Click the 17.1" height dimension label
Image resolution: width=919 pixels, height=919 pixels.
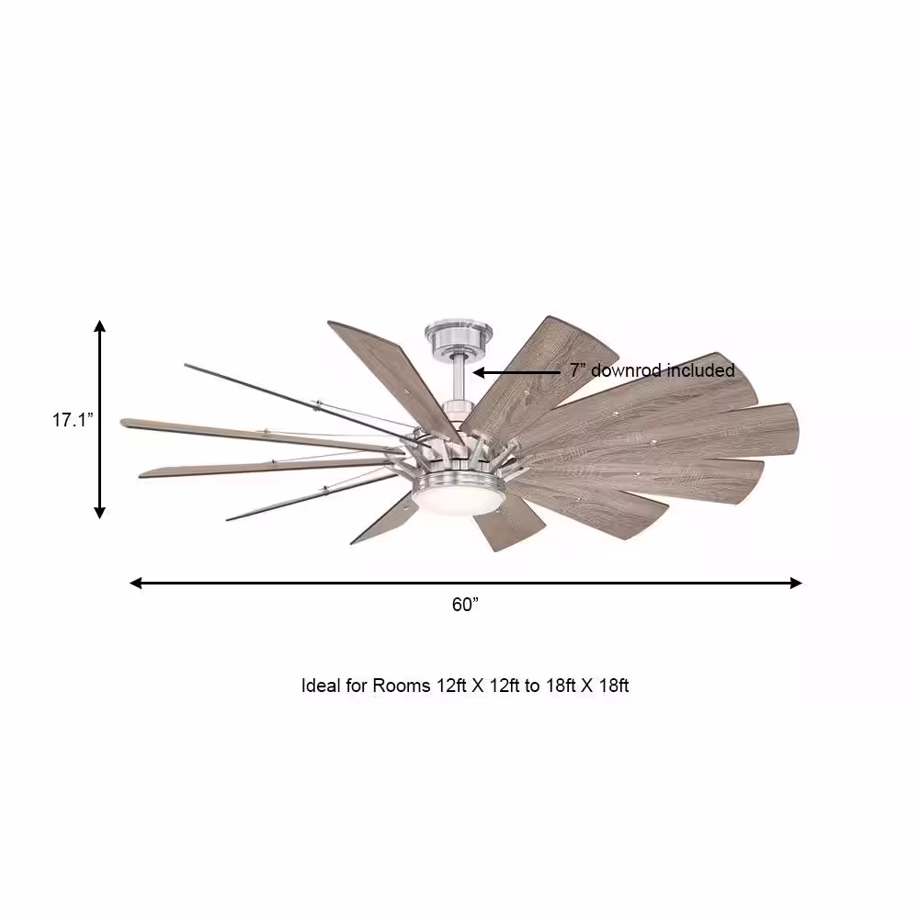click(72, 420)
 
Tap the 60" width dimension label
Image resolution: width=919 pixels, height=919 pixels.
click(466, 605)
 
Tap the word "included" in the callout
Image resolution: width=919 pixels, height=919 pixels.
click(701, 370)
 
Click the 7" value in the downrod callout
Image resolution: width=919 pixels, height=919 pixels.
click(577, 370)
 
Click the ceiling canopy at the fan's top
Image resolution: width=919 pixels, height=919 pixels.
click(457, 337)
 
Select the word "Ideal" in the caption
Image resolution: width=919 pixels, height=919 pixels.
click(322, 686)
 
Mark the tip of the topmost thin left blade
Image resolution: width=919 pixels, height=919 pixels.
click(187, 367)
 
